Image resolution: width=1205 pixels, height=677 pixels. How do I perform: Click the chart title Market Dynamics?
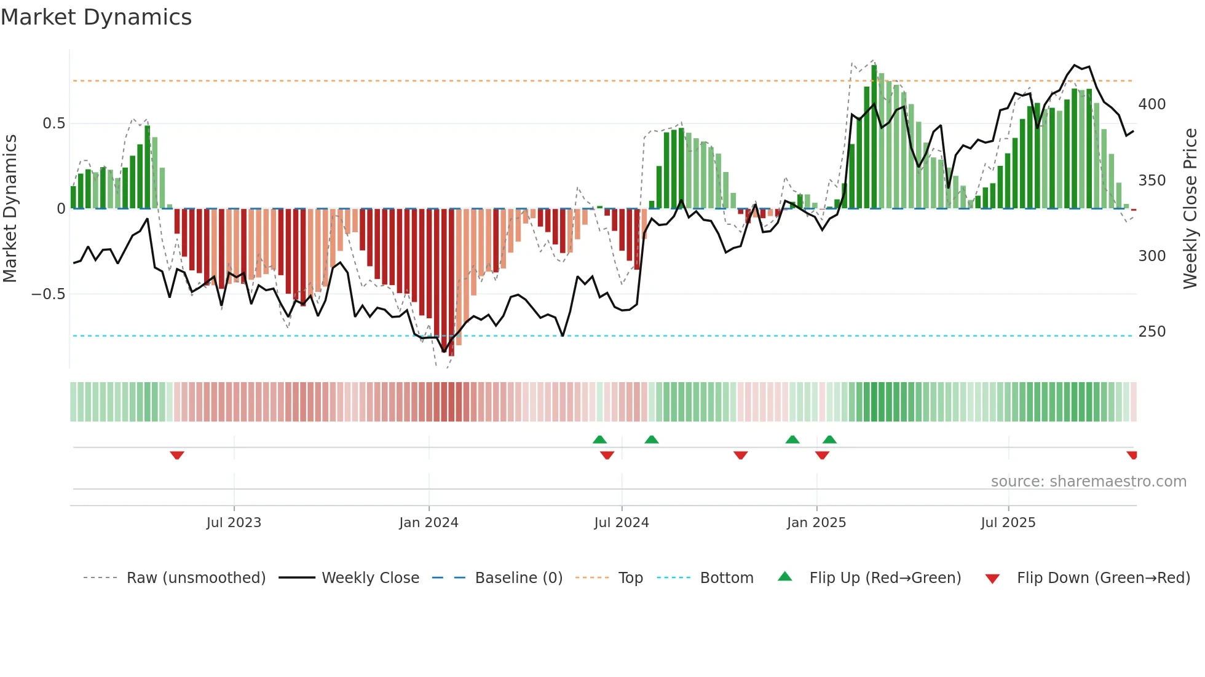tap(96, 17)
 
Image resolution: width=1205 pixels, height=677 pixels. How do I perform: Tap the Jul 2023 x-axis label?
tap(234, 523)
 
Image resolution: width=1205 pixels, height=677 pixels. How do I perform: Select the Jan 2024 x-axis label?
tap(429, 523)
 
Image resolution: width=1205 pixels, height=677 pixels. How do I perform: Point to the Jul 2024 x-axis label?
tap(622, 523)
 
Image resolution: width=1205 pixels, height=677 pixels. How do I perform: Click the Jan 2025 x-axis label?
tap(816, 523)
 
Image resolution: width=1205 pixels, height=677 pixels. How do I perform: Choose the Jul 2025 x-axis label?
tap(1008, 523)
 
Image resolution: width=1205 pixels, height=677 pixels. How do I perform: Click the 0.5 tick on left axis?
tap(53, 123)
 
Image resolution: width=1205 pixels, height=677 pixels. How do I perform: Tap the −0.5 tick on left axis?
tap(49, 294)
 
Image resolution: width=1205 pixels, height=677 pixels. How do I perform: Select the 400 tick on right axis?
tap(1152, 104)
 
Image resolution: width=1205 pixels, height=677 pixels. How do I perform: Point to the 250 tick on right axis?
tap(1152, 332)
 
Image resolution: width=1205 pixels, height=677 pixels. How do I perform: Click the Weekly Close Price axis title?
tap(1190, 209)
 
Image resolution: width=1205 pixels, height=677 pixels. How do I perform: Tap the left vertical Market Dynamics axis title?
tap(10, 209)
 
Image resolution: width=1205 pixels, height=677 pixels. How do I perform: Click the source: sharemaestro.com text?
tap(1088, 482)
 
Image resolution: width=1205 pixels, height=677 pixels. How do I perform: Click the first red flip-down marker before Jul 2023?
tap(177, 455)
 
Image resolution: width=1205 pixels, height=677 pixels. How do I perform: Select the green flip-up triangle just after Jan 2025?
tap(829, 439)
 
